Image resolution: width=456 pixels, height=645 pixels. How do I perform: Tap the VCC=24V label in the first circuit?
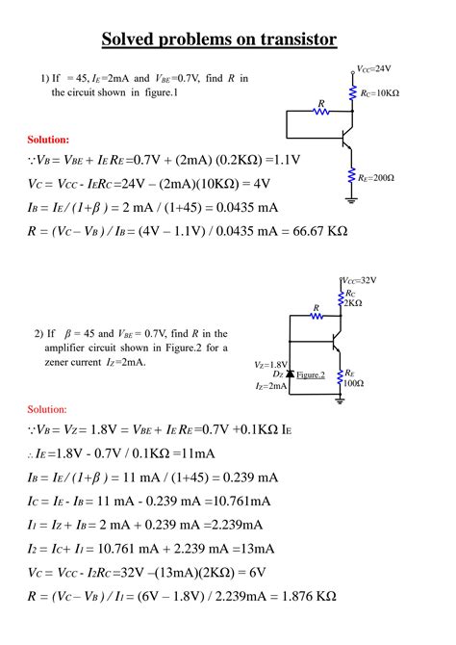(373, 69)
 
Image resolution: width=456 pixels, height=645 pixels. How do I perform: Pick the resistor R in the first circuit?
(319, 112)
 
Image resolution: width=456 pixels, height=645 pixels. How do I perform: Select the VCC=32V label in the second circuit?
(359, 280)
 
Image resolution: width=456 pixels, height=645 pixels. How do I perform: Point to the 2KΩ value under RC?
(353, 302)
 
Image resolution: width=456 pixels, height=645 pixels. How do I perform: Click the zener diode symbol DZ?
(291, 373)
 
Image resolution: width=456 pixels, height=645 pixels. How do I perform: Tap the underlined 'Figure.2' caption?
(311, 374)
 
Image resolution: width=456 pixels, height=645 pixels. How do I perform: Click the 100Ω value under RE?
(353, 383)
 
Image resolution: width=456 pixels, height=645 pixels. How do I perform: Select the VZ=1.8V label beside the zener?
(271, 365)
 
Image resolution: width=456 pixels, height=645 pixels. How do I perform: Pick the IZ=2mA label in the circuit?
(272, 385)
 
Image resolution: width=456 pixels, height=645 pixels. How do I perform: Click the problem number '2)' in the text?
(39, 333)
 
